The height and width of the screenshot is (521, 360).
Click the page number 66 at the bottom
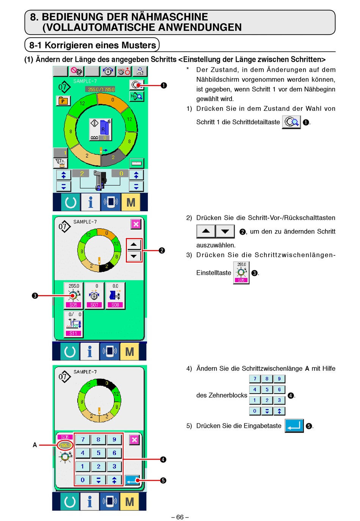pos(180,517)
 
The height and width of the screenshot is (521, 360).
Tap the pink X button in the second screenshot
pos(136,224)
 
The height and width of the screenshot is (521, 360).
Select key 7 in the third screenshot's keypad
pos(83,439)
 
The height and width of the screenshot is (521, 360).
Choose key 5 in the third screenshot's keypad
pos(99,453)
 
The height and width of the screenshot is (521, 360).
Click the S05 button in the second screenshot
pos(74,296)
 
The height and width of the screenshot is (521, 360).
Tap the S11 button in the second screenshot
pos(74,324)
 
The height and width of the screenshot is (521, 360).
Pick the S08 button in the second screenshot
pos(115,296)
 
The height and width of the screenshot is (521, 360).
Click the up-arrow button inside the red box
pos(133,245)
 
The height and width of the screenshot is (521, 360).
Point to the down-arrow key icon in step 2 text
pos(225,231)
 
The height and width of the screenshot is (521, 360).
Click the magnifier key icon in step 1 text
pos(291,122)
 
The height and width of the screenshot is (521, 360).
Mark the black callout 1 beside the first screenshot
pos(164,85)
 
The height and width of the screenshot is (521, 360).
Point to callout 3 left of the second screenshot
pos(35,296)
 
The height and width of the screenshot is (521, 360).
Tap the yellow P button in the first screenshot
pos(63,101)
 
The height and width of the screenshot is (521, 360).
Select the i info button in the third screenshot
pos(90,501)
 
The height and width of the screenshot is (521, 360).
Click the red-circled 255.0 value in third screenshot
pos(65,446)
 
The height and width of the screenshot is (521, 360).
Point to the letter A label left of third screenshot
pos(35,445)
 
